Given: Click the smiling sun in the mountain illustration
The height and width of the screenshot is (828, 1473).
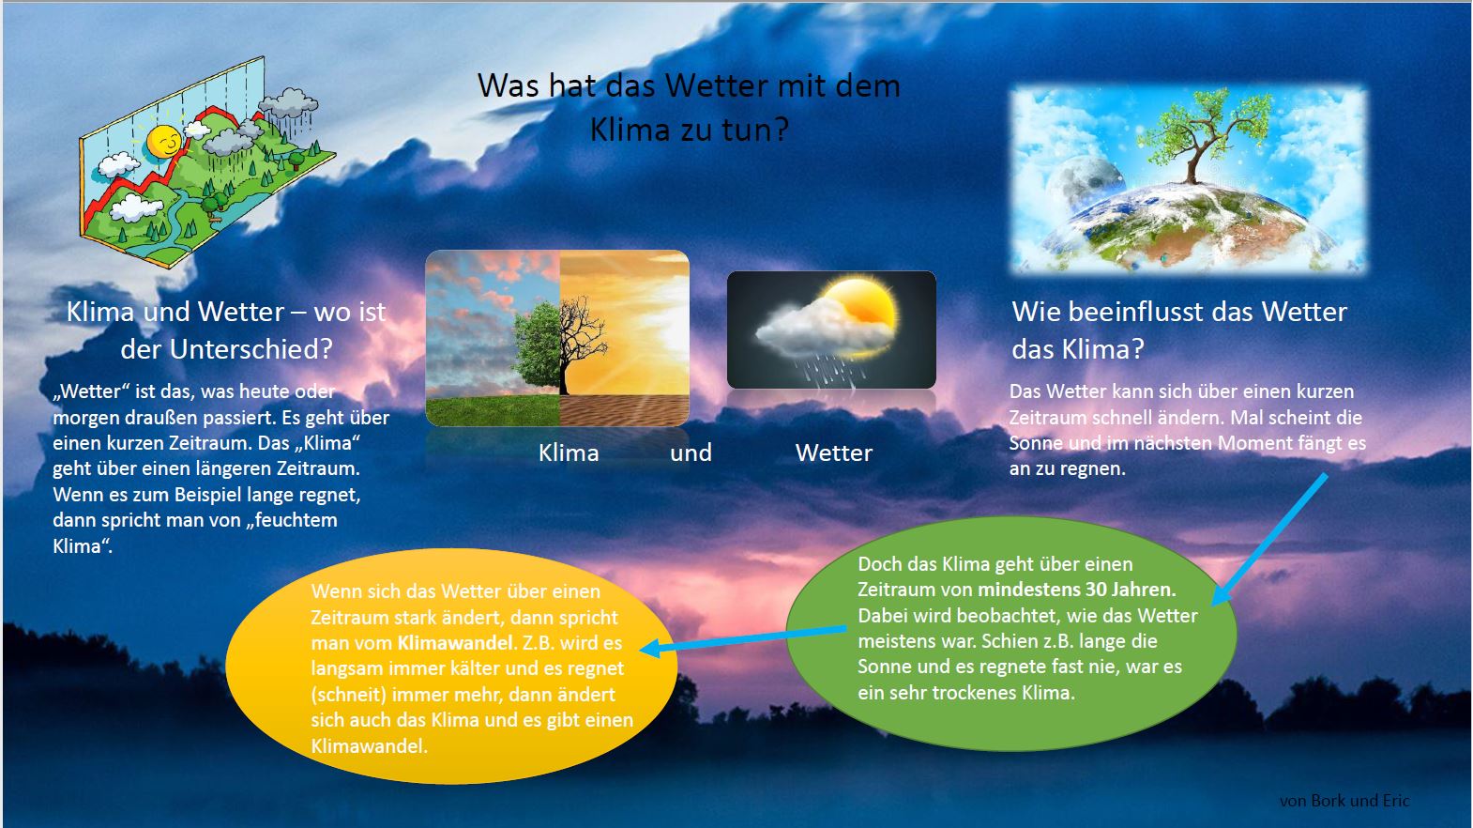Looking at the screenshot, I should (163, 142).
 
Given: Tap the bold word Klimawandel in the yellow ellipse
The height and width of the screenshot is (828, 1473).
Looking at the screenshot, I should (456, 644).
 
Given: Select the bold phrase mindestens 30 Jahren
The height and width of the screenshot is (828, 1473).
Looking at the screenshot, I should (1076, 590).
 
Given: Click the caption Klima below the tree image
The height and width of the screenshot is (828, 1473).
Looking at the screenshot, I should (569, 453).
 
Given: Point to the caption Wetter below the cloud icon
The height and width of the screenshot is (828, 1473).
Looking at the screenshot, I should (834, 453).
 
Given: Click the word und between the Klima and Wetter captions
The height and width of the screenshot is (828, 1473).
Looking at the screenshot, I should (691, 453).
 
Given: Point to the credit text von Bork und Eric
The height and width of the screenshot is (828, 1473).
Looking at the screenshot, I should (1344, 801).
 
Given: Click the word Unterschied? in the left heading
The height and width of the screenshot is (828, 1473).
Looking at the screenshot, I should (251, 350).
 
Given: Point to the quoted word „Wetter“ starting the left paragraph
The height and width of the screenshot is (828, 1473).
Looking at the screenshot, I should (92, 391).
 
